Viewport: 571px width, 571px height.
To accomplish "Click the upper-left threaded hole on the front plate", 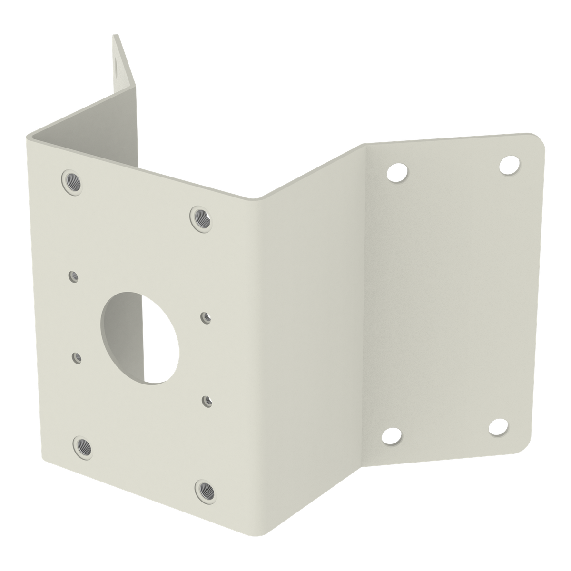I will point(71,180).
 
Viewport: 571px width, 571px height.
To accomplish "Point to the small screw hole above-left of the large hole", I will point(73,276).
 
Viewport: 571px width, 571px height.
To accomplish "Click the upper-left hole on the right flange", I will point(397,172).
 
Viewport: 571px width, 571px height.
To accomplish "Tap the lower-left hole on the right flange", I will point(392,435).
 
